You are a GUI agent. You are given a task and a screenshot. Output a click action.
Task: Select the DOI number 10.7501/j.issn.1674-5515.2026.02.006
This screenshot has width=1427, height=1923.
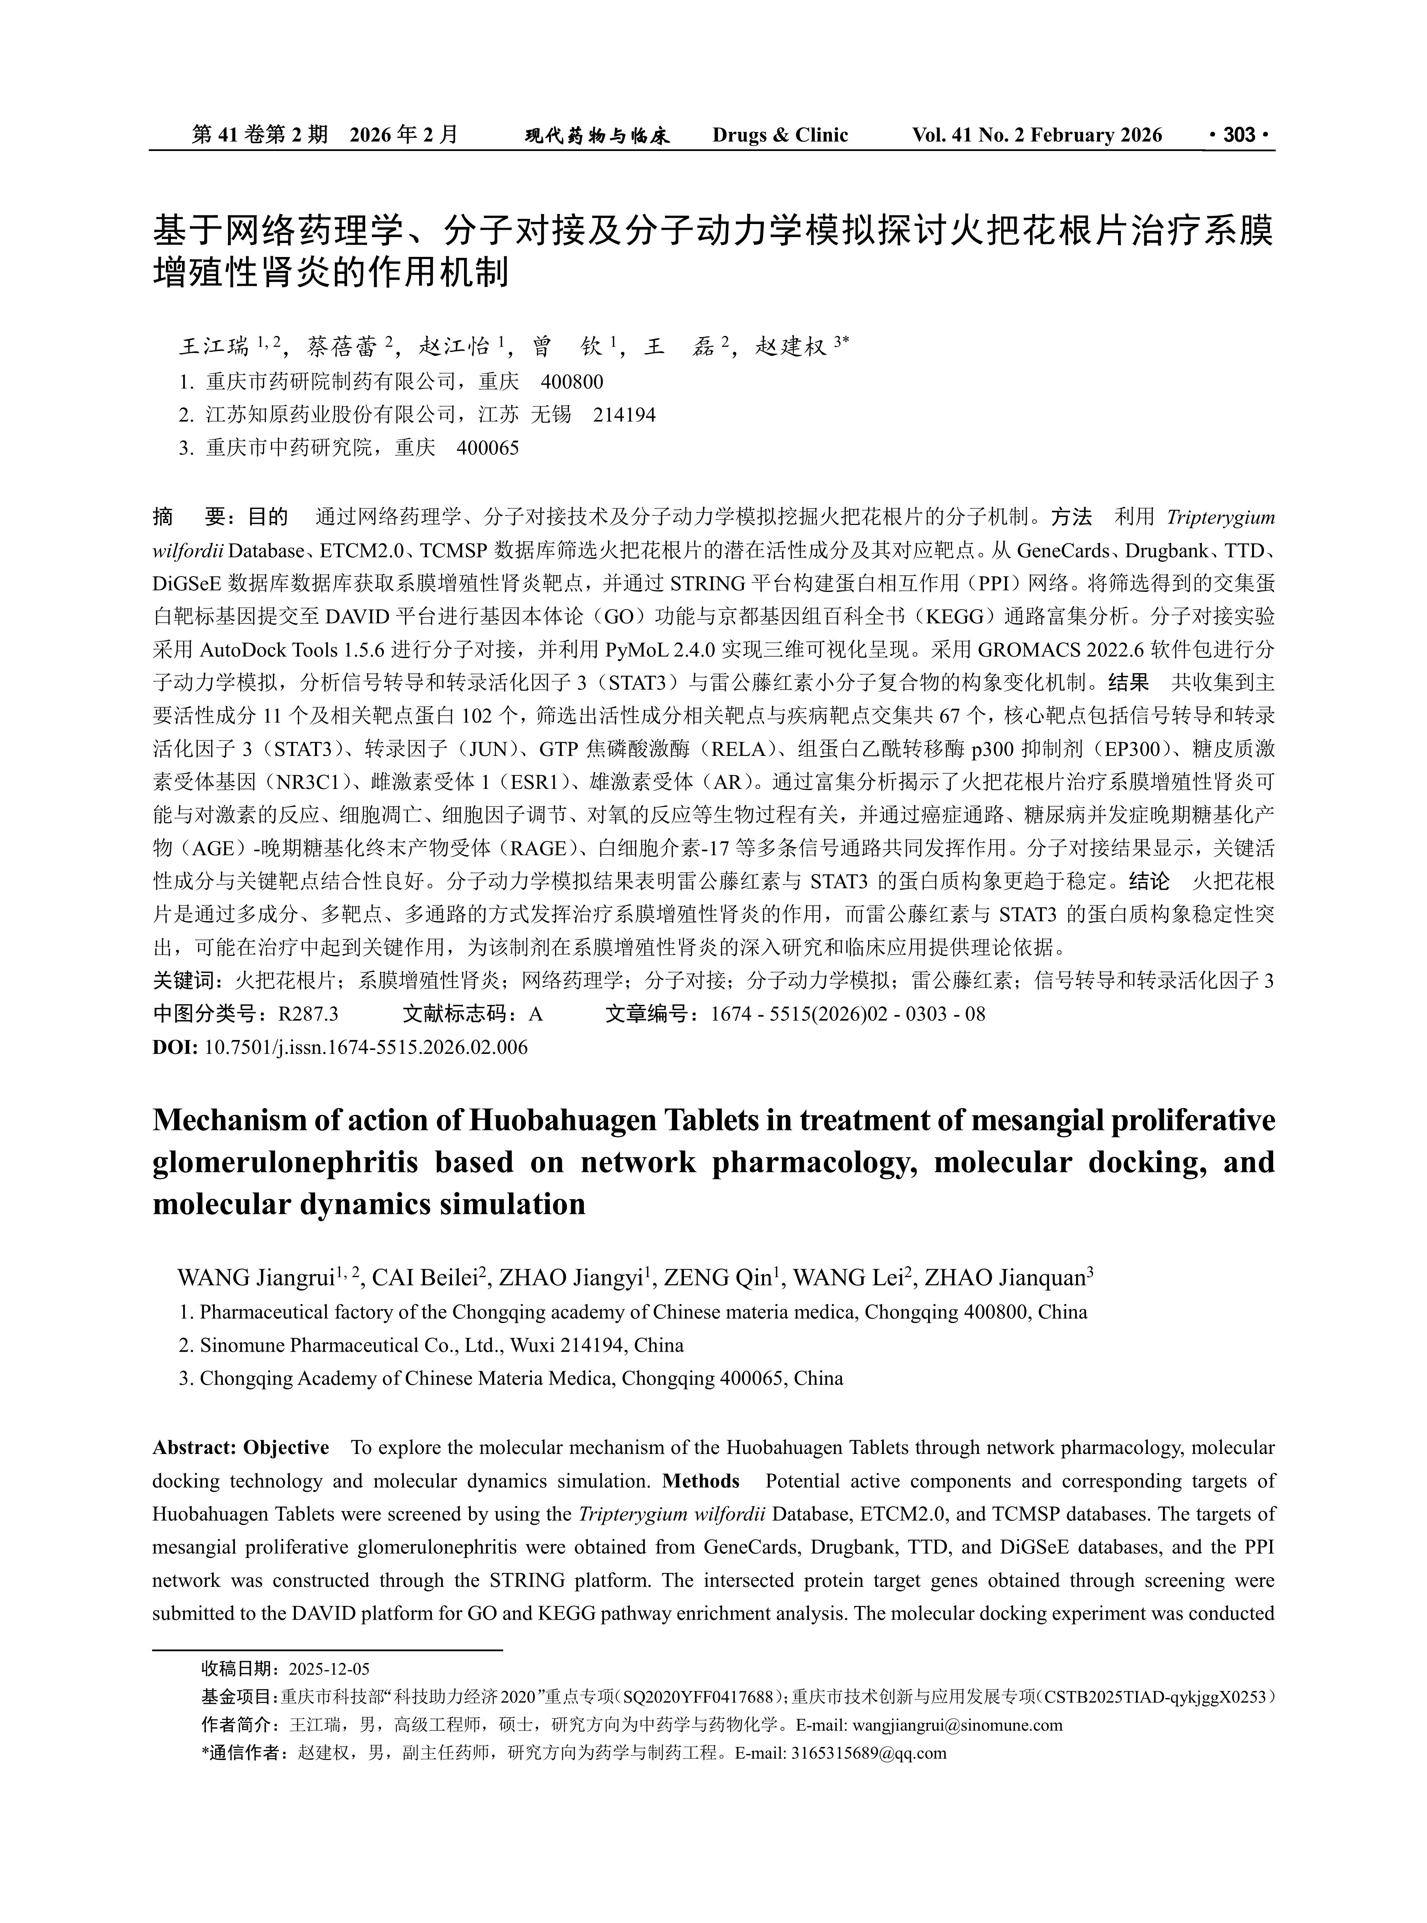tap(366, 1048)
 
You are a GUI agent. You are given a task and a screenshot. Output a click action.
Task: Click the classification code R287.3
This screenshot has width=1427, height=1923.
tap(307, 1014)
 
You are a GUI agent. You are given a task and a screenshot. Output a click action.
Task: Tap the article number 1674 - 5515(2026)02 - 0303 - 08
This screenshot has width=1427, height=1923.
tap(847, 1014)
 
